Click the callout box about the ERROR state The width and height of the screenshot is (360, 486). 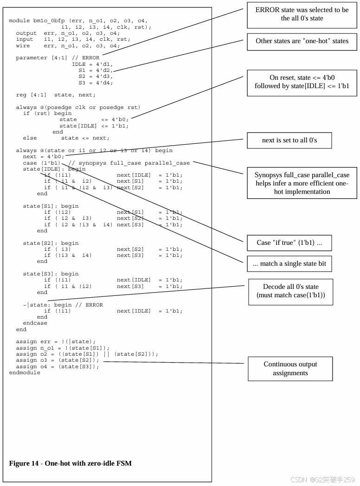click(302, 14)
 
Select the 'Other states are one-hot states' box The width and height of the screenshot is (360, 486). click(302, 41)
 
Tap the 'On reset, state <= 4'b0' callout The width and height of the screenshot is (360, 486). click(302, 83)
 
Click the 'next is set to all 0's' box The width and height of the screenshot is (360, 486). click(289, 140)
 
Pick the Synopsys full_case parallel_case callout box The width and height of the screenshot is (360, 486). click(302, 183)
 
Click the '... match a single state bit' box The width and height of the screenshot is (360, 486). click(289, 263)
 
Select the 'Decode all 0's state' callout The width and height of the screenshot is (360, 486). click(290, 291)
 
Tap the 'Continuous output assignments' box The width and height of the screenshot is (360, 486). click(290, 369)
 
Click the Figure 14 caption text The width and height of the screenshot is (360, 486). click(70, 463)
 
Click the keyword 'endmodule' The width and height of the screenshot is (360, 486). click(25, 372)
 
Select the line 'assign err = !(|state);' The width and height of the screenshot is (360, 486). click(56, 342)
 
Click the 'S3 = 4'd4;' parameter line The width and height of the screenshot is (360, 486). click(96, 83)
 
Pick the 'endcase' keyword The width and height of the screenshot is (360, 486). click(35, 323)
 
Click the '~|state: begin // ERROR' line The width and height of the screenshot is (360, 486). click(63, 305)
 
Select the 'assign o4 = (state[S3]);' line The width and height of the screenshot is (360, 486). click(58, 366)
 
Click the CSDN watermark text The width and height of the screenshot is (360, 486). click(322, 480)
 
